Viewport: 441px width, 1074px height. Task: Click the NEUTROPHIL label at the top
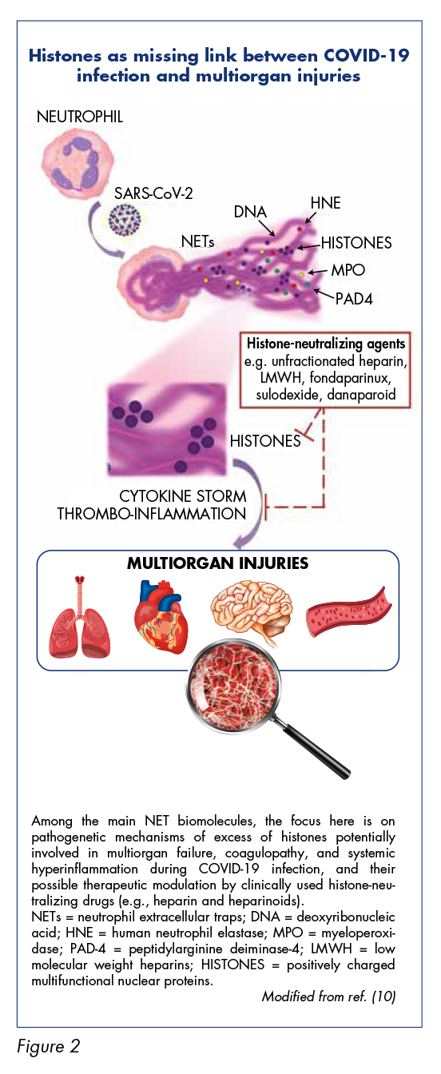tap(80, 117)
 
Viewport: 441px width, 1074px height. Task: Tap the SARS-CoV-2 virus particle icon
tap(125, 219)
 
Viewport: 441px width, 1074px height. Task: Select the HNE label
tap(325, 203)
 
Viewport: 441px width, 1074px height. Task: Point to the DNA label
tap(250, 212)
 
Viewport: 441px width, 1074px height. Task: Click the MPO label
tap(348, 270)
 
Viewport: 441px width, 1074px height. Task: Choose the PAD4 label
tap(354, 299)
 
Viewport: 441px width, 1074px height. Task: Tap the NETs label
tap(197, 241)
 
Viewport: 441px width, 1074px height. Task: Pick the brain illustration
tap(251, 610)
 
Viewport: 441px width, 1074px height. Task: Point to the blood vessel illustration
tap(348, 612)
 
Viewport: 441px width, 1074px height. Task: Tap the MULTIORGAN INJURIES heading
tap(217, 563)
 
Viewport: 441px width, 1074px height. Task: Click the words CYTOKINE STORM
tap(183, 495)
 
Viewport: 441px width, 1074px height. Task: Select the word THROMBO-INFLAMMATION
tap(152, 514)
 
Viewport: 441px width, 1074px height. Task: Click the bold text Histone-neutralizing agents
tap(326, 344)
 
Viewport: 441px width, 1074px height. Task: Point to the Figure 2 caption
tap(49, 1046)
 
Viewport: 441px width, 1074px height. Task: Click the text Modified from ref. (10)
tap(329, 996)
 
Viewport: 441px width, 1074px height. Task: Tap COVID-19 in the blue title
tap(367, 56)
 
